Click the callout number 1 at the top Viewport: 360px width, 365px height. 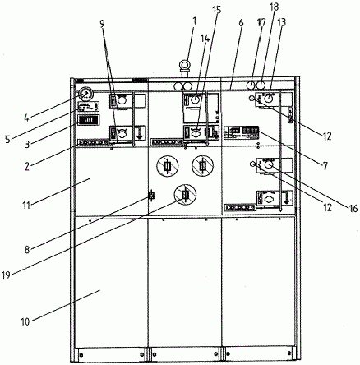pos(195,21)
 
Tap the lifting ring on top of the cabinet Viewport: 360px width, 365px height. pos(185,65)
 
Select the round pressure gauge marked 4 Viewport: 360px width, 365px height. pos(86,95)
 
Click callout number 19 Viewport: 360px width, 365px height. pos(6,275)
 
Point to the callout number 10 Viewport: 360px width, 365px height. pos(25,321)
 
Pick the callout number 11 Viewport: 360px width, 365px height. pos(26,205)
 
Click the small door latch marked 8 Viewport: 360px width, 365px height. pos(150,196)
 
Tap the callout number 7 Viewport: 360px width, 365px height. pos(325,166)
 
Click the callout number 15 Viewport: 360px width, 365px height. pos(216,10)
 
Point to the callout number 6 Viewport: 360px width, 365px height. pos(241,23)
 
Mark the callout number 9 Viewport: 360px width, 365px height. pos(102,23)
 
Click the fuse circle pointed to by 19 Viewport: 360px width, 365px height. pos(186,194)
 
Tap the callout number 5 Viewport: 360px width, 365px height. pos(7,139)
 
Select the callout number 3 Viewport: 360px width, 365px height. pos(27,144)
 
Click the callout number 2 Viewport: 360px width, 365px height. pos(26,166)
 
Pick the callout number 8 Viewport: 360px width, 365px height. pos(27,250)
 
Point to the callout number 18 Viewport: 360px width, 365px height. pos(275,7)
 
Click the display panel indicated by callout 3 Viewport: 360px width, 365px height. pos(89,120)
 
